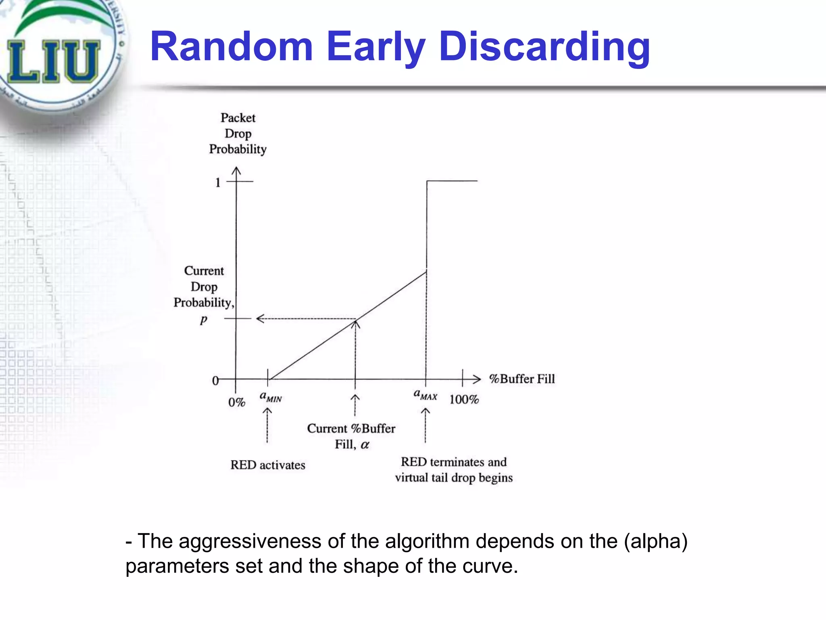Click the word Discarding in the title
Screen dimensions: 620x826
[544, 47]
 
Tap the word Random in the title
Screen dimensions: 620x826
[232, 47]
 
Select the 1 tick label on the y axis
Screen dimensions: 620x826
[218, 182]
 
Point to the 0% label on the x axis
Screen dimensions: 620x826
[237, 402]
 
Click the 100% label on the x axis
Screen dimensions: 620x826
[464, 400]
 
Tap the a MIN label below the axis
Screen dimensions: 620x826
[271, 397]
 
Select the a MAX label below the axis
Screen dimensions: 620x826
[425, 395]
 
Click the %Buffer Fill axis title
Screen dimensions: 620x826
[522, 379]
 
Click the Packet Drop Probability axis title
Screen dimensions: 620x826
[238, 134]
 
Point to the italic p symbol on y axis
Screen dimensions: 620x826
[204, 320]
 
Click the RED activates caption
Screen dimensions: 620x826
[268, 465]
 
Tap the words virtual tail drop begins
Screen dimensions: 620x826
[454, 478]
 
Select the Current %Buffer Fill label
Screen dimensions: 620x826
[351, 436]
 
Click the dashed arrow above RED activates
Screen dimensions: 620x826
[267, 426]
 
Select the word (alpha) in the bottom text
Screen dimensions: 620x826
[655, 541]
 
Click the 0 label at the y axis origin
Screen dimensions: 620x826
[215, 381]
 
